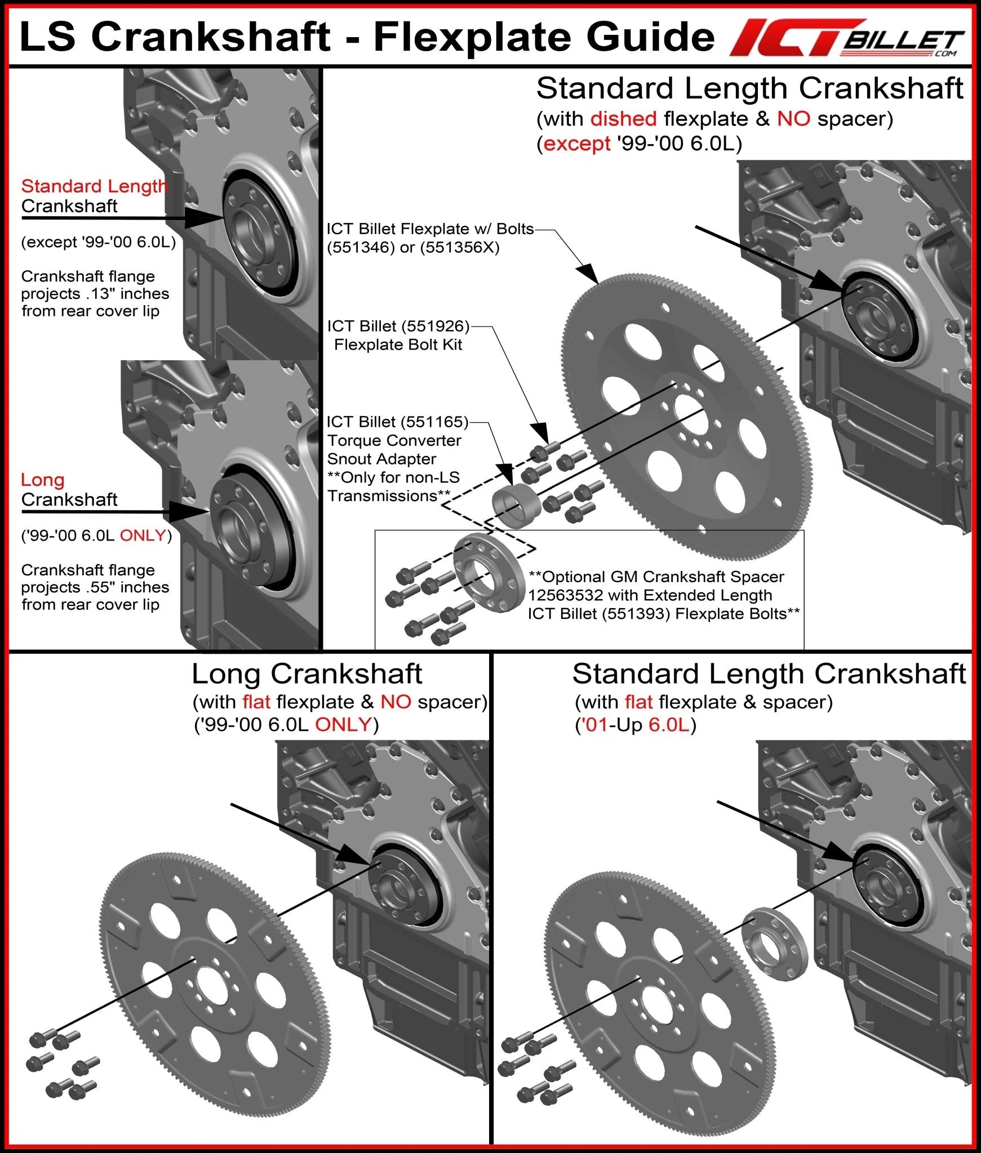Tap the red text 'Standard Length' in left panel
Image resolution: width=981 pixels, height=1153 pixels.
point(94,186)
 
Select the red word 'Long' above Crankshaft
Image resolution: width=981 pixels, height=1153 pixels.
point(43,480)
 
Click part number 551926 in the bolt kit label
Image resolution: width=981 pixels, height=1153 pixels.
point(433,326)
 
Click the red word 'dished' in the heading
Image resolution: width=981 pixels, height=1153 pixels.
point(623,119)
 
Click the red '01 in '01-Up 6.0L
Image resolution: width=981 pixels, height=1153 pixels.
point(597,725)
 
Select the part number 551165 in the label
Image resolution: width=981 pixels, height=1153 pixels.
point(433,422)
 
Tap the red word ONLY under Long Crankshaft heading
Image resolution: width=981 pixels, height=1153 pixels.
point(343,725)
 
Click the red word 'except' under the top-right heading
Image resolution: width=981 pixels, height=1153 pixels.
point(577,144)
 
